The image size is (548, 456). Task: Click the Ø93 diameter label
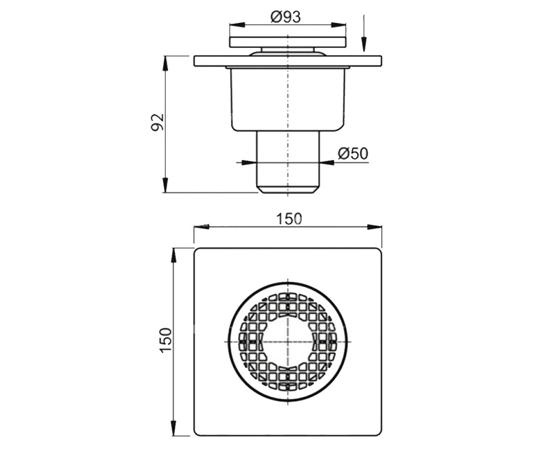285,17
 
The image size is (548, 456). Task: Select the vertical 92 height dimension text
158,122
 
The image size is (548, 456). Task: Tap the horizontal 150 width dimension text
289,218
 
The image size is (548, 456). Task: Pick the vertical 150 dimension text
166,340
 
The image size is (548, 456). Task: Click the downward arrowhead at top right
364,45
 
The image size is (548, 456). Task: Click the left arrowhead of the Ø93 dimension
237,25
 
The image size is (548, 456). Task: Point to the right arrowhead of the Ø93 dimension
338,25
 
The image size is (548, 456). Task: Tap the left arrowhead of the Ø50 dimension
249,163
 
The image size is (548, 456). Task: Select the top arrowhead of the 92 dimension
165,63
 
